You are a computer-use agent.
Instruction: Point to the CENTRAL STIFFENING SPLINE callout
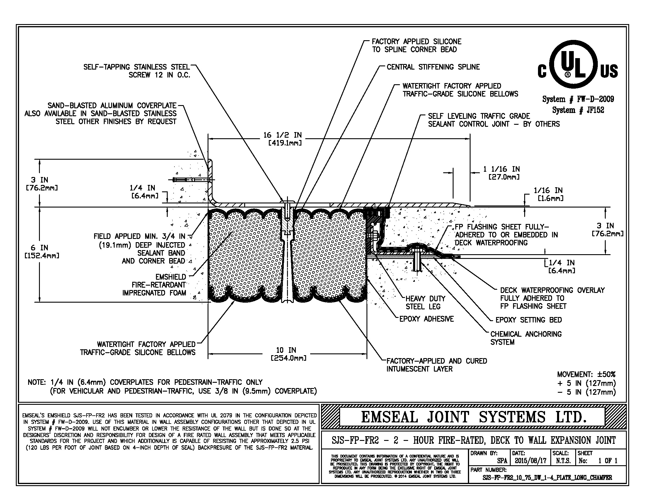[x=433, y=67]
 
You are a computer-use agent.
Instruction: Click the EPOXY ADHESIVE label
[x=426, y=319]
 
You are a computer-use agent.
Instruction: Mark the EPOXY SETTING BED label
[x=528, y=320]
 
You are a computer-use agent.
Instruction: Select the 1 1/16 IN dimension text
[x=501, y=169]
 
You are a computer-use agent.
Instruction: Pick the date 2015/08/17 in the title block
[x=530, y=461]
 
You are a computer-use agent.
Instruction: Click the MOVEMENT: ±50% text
[x=586, y=374]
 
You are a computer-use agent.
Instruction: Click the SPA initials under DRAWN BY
[x=502, y=461]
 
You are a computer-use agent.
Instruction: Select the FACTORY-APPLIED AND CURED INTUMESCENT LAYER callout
[x=437, y=365]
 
